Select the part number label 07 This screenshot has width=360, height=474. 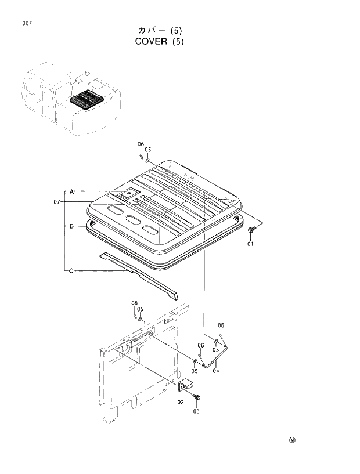click(57, 201)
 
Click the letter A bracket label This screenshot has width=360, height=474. click(71, 191)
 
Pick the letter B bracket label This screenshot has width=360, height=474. click(71, 227)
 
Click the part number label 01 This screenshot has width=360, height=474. click(251, 244)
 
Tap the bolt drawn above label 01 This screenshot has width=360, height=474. click(250, 231)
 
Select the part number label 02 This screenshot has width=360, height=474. click(181, 402)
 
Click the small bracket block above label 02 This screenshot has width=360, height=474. click(186, 386)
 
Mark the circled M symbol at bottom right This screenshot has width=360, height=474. click(292, 440)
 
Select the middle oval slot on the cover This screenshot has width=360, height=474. click(132, 219)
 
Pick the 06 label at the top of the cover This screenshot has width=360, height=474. click(141, 144)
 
